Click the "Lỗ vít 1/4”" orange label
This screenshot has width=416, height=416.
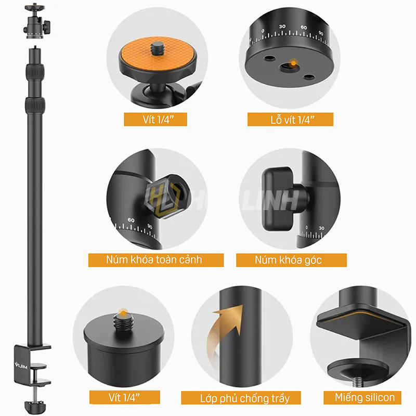pos(290,120)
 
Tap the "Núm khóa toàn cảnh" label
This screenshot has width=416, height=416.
pos(156,260)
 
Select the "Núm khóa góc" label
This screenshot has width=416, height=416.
pos(291,260)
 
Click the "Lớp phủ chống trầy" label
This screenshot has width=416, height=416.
pos(241,398)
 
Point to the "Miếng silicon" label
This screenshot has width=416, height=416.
pos(362,397)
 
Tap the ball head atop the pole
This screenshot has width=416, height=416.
pos(36,21)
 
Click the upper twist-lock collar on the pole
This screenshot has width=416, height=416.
pos(35,71)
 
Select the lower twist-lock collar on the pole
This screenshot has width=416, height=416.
pos(35,105)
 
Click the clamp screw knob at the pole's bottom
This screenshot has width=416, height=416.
pos(35,407)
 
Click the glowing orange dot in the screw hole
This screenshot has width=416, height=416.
pos(293,63)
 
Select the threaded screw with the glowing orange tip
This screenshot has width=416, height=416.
pos(123,320)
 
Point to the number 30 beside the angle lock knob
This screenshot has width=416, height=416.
pos(321,228)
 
